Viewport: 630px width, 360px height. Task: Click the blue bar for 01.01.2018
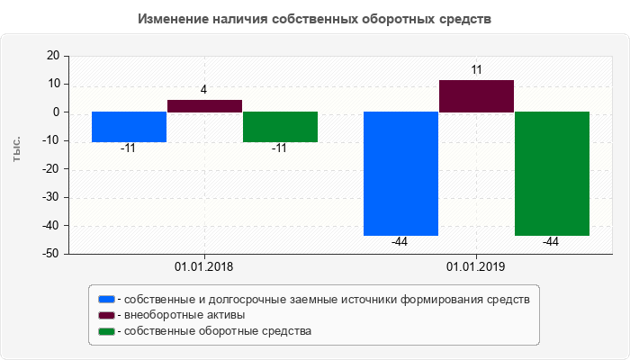[x=129, y=127]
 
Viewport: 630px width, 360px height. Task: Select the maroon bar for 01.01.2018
[x=204, y=106]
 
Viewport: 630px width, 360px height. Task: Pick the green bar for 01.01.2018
[x=280, y=127]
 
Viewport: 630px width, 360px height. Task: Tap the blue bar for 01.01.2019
[x=400, y=174]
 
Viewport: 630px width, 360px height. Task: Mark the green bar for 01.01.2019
[x=552, y=174]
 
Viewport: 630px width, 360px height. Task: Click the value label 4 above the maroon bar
[x=204, y=90]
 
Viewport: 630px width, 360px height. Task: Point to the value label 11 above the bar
[x=477, y=69]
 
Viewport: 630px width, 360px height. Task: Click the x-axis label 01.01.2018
[x=203, y=267]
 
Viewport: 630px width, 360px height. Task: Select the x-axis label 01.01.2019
[x=476, y=267]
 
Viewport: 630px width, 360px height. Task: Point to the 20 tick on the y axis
[x=52, y=56]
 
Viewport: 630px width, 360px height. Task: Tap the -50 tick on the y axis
[x=49, y=254]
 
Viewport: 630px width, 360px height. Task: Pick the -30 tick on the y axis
[x=49, y=197]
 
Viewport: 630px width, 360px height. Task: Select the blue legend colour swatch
[x=107, y=299]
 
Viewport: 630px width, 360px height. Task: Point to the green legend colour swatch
[x=107, y=331]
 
